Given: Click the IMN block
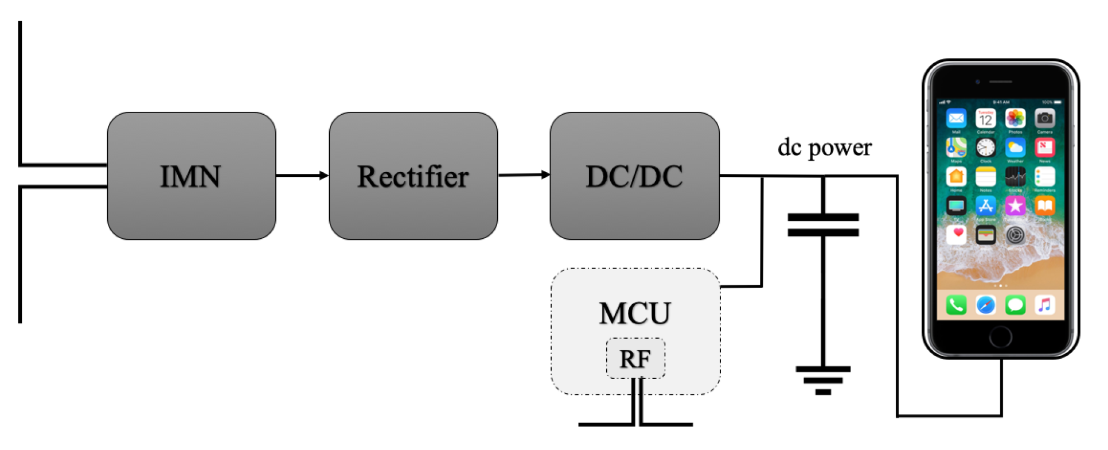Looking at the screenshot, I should coord(191,176).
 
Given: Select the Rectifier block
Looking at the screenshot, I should coord(413,176).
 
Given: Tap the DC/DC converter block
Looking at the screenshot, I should coord(634,176).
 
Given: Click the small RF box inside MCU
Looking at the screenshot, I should coord(635,359).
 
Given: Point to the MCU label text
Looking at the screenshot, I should coord(635,313).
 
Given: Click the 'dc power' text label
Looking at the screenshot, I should coord(824,148).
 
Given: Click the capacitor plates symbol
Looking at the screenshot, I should coord(823,225).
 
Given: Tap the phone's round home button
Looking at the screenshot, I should coord(1000,337).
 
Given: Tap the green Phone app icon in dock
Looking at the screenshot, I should coord(956,305).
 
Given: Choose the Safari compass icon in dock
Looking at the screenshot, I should coord(985,305).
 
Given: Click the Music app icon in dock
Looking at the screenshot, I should coord(1044,305).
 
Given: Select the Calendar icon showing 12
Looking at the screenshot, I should coord(985,119).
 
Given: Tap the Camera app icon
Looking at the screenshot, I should coord(1044,119).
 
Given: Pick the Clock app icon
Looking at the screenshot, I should coord(985,148).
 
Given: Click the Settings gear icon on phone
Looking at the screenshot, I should coord(1015,235).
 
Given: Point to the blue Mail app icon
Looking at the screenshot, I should coord(956,119).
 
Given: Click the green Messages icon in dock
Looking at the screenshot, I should coord(1015,305).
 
